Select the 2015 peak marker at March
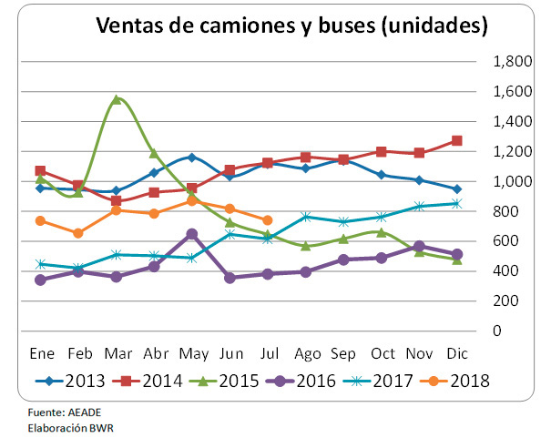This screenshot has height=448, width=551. pyautogui.click(x=116, y=98)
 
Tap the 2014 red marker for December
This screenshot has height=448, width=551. pyautogui.click(x=456, y=141)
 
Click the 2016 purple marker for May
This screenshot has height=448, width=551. pyautogui.click(x=191, y=234)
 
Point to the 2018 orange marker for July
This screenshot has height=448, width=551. pyautogui.click(x=267, y=220)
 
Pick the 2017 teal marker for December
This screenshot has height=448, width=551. pyautogui.click(x=456, y=203)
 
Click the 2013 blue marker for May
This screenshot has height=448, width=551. pyautogui.click(x=191, y=158)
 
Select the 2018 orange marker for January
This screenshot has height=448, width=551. pyautogui.click(x=40, y=220)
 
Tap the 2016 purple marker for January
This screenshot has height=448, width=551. pyautogui.click(x=40, y=280)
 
